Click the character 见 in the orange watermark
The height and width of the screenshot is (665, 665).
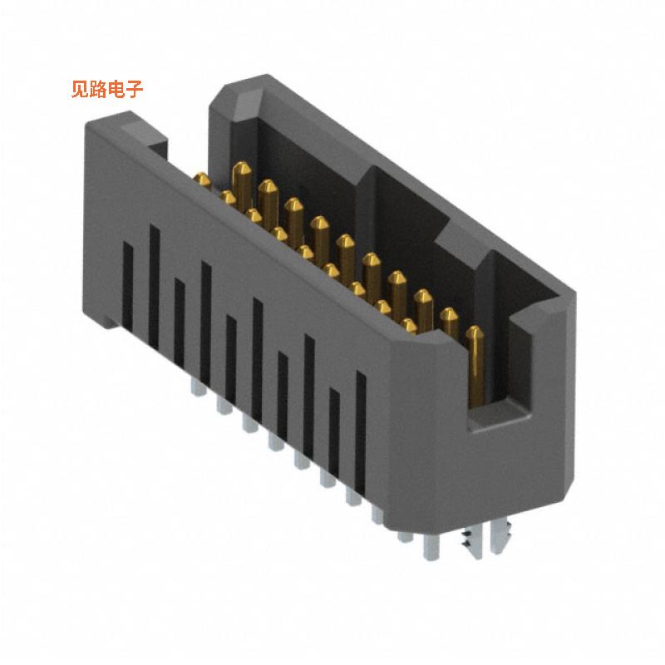[81, 89]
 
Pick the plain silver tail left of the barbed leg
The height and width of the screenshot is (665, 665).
[431, 544]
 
